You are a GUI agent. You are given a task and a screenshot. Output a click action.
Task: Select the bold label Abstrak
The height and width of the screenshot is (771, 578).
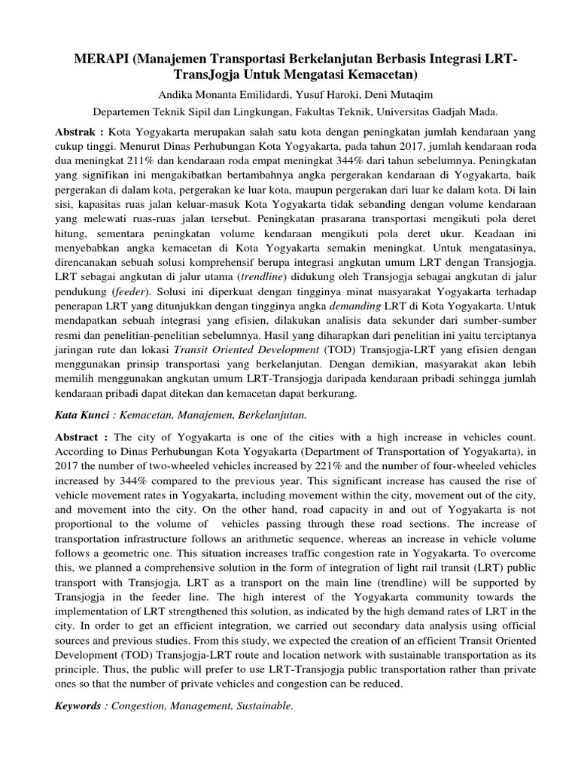pyautogui.click(x=80, y=131)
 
